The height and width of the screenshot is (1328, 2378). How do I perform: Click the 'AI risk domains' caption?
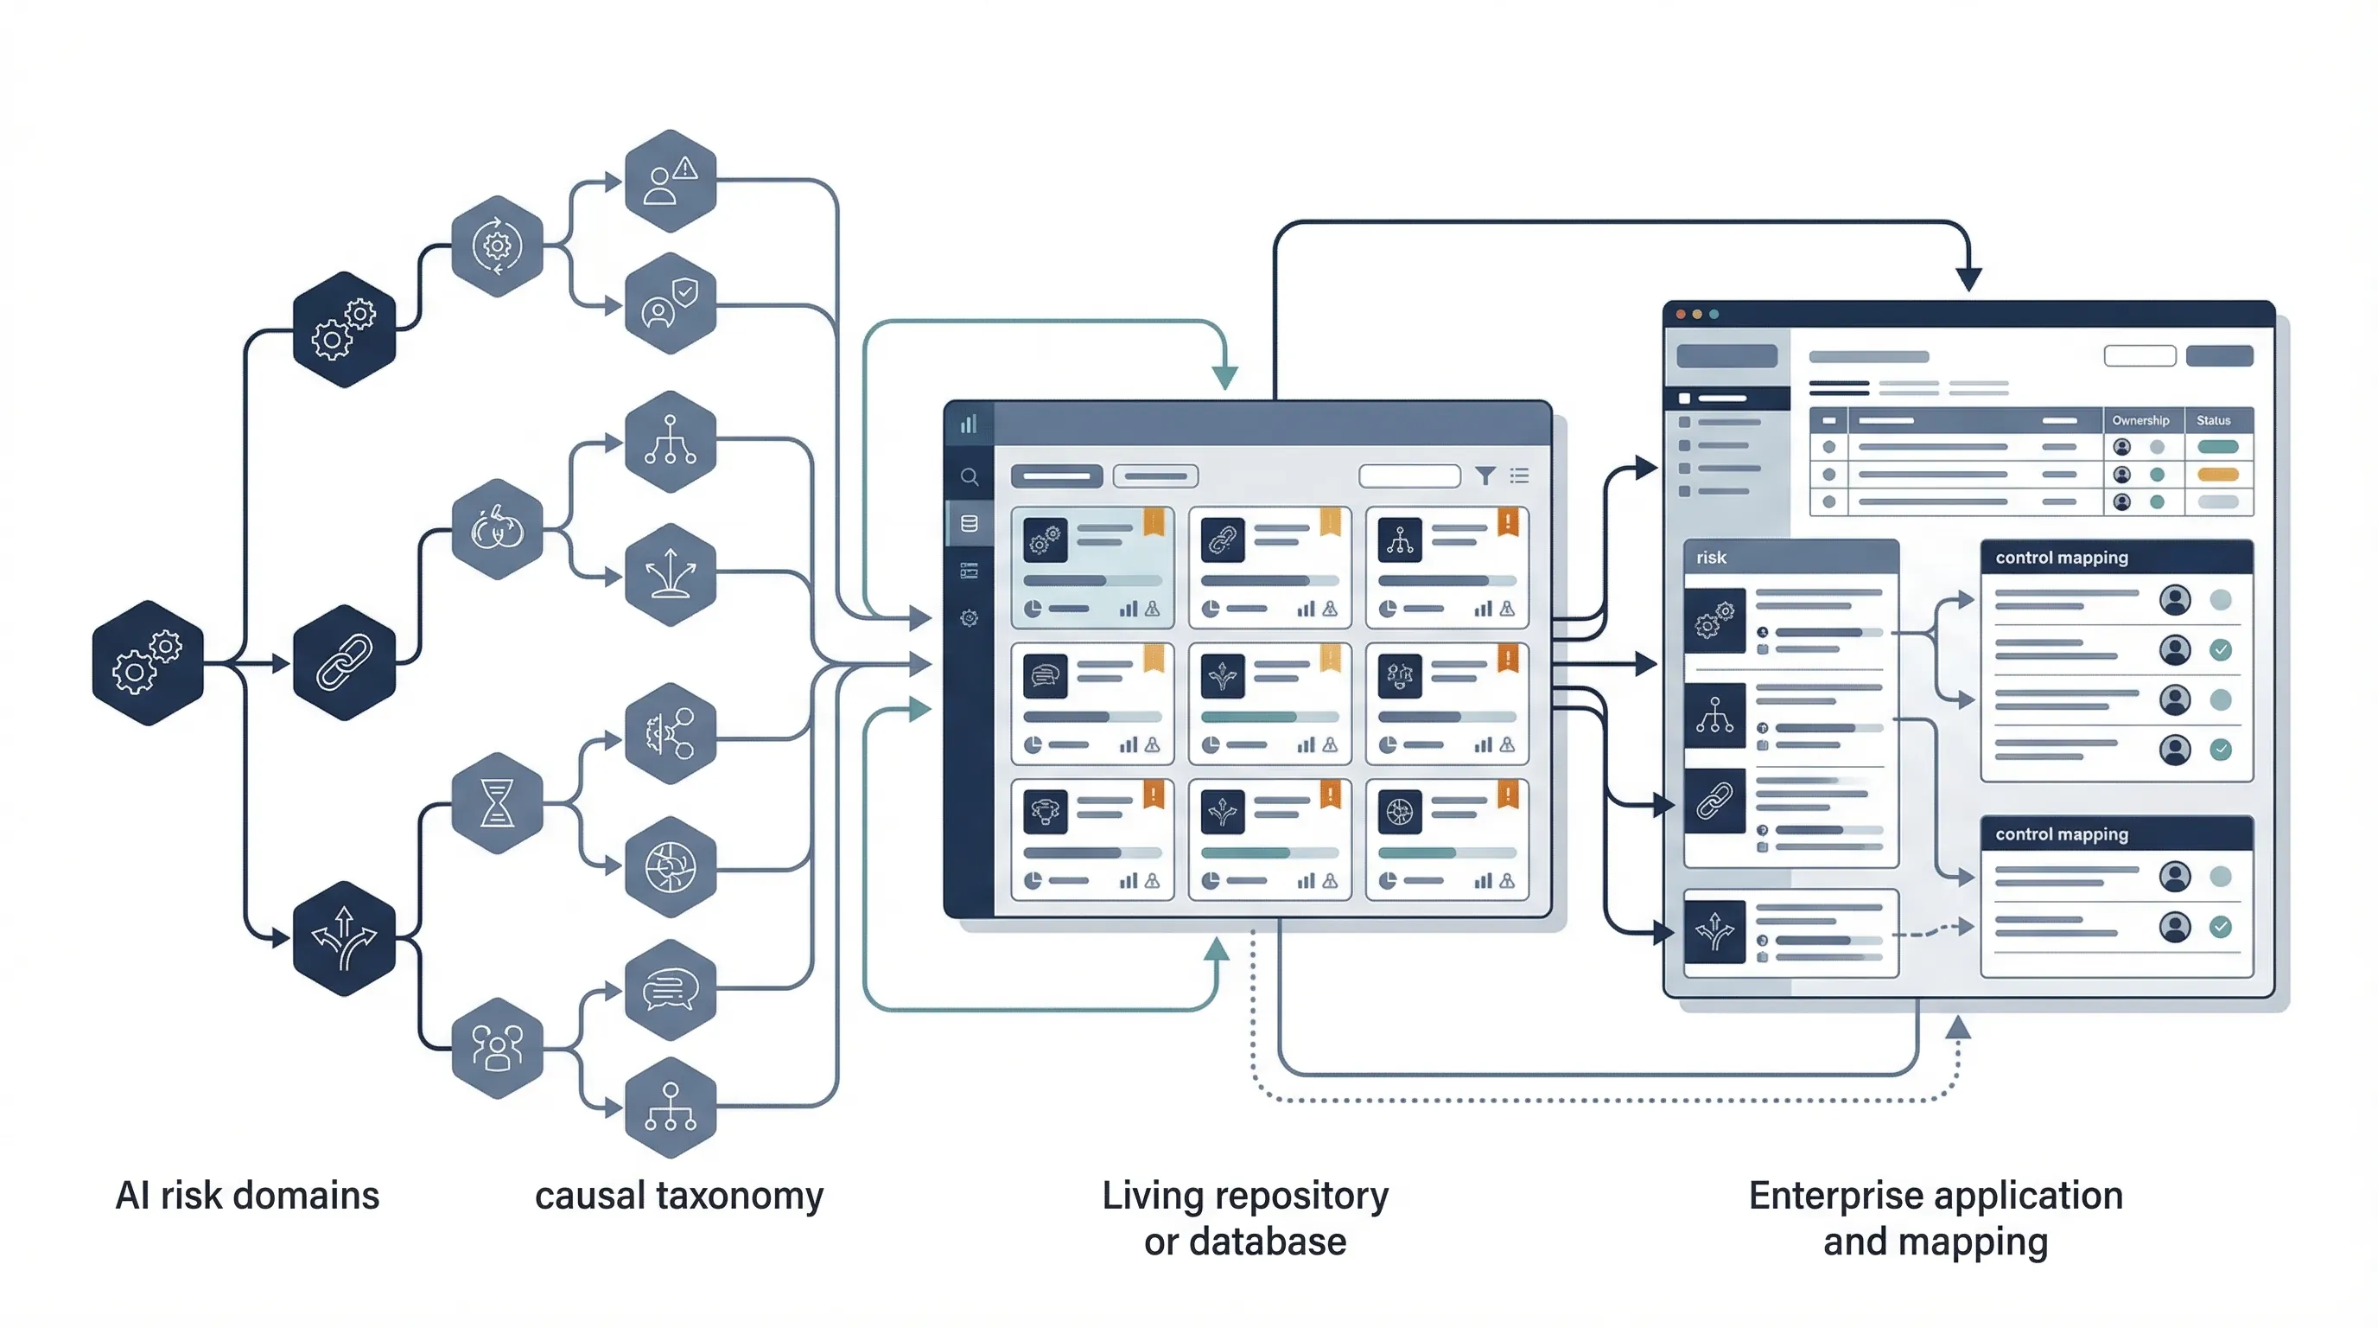(x=246, y=1195)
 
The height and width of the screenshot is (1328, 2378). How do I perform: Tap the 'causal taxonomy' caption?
(x=678, y=1195)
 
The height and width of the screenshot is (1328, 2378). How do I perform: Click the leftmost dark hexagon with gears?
(x=148, y=662)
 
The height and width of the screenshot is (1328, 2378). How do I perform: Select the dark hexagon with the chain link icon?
(x=343, y=662)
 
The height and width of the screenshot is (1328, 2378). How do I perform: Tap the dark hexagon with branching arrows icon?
(x=343, y=937)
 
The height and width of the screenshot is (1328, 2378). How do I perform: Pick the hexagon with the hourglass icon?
(x=497, y=801)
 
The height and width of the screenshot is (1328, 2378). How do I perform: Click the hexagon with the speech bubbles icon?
(x=671, y=989)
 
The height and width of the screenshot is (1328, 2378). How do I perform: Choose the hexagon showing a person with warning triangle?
(x=671, y=180)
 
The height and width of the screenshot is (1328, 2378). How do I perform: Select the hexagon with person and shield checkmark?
(x=671, y=303)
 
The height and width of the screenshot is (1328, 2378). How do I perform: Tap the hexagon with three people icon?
(x=497, y=1047)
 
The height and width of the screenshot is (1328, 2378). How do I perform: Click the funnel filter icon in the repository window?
(x=1485, y=476)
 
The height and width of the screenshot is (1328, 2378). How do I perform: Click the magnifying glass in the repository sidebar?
(x=969, y=476)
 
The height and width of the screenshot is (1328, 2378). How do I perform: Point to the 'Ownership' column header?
(x=2140, y=420)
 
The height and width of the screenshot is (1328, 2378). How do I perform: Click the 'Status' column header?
(x=2213, y=420)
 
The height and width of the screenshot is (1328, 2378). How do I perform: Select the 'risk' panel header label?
(x=1711, y=557)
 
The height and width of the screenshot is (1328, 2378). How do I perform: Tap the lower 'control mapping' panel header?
(x=2062, y=834)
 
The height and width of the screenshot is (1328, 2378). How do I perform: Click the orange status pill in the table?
(x=2217, y=475)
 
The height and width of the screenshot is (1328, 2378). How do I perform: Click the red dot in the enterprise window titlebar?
(x=1680, y=314)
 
